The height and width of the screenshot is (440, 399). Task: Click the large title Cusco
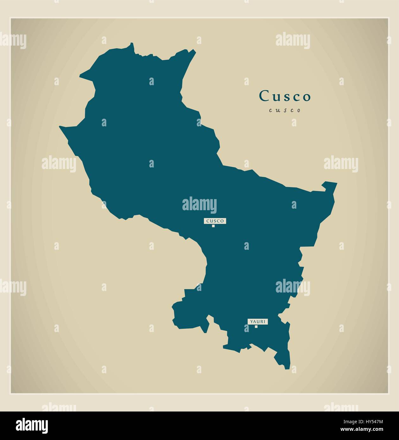[285, 96]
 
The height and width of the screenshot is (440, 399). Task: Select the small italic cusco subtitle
[285, 110]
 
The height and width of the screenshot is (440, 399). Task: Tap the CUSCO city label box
[215, 221]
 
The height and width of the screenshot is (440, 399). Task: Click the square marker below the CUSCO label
[213, 226]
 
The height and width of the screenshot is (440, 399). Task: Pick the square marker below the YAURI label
[256, 327]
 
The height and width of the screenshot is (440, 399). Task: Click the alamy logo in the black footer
[32, 426]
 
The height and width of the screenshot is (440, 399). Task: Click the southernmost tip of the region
[287, 368]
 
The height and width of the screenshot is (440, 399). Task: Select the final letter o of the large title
[306, 97]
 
